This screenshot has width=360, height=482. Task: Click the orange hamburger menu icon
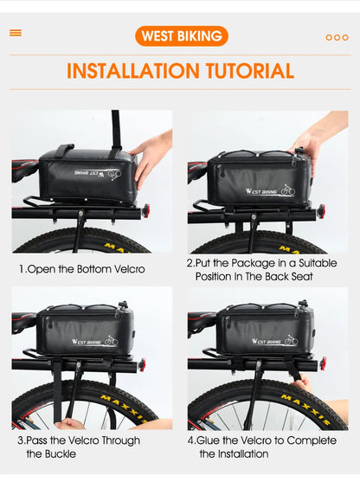(16, 33)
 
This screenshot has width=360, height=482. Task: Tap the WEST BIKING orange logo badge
(181, 35)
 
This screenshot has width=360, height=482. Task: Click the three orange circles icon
(337, 37)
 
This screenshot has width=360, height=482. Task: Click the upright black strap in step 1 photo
(114, 130)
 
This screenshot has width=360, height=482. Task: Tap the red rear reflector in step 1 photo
(145, 209)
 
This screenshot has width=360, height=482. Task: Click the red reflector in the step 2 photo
(321, 210)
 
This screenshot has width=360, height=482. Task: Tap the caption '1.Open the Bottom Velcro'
(82, 269)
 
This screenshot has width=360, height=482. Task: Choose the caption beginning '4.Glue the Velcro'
(262, 447)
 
